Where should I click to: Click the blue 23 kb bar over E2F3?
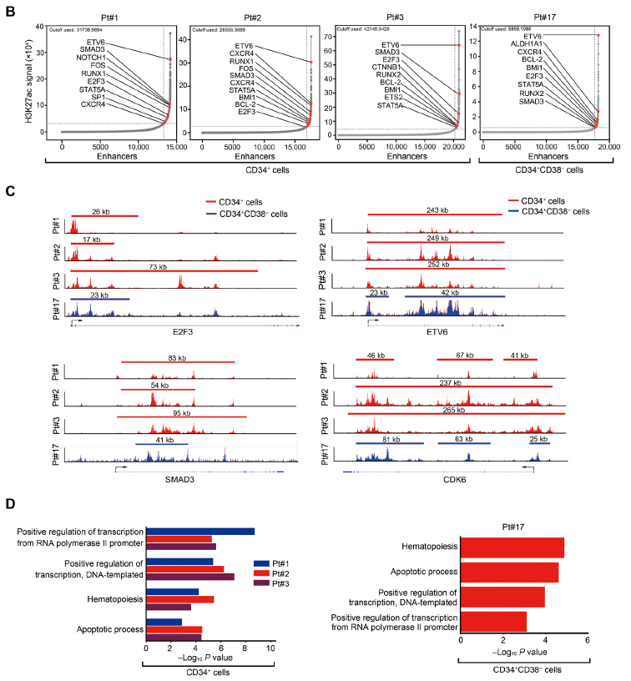point(99,298)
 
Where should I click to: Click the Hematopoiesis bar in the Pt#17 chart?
point(512,547)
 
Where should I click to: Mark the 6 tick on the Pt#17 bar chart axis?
point(588,639)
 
